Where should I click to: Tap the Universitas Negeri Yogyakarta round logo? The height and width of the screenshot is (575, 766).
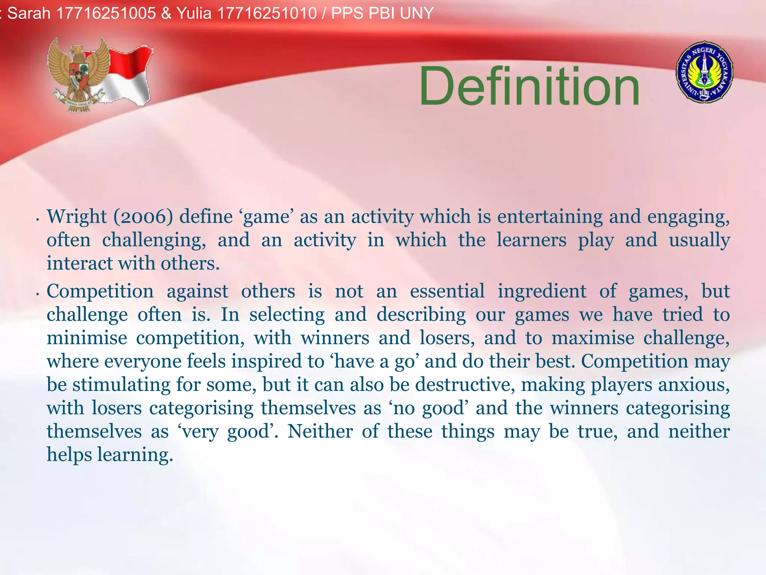coord(704,72)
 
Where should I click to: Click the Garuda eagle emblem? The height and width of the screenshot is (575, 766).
coord(78,75)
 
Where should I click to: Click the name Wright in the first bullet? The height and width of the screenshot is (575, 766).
coord(77,217)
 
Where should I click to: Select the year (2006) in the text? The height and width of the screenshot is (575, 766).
coord(143,217)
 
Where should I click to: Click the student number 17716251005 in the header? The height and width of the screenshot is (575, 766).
coord(106,13)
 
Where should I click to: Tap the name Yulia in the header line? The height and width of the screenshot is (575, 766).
coord(194,13)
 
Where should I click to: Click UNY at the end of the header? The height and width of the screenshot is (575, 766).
coord(416,13)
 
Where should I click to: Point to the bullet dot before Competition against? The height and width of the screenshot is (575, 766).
coord(38,294)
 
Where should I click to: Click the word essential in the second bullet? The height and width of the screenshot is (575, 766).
coord(447,291)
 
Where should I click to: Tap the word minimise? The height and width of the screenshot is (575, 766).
coord(87,338)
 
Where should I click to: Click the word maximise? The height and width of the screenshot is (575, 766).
coord(593,338)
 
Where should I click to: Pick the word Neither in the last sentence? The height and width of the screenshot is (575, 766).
coord(320,431)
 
